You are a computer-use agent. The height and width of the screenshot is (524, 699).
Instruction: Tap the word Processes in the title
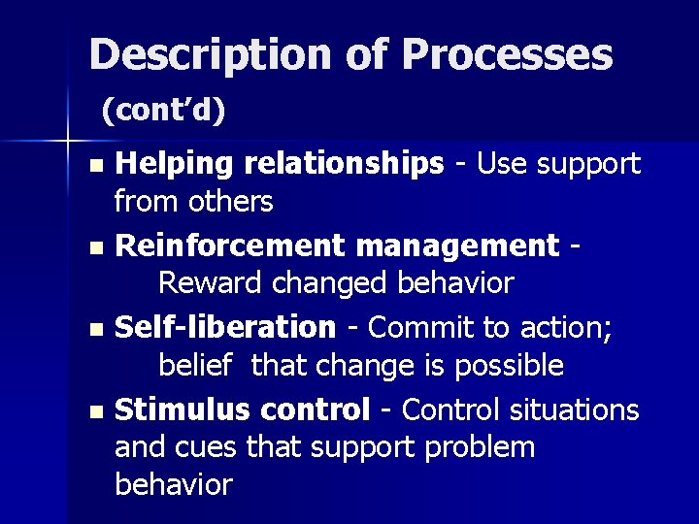pyautogui.click(x=508, y=55)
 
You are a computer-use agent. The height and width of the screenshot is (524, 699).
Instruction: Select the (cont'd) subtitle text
pyautogui.click(x=163, y=112)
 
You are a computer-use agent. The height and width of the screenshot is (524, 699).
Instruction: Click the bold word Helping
pyautogui.click(x=175, y=166)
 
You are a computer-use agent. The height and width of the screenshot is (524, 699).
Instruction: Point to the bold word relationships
pyautogui.click(x=344, y=166)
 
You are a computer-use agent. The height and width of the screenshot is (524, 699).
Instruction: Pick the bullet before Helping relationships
pyautogui.click(x=94, y=167)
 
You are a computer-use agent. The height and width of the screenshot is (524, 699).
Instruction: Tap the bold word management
pyautogui.click(x=457, y=246)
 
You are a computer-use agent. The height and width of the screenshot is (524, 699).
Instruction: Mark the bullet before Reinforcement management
pyautogui.click(x=94, y=248)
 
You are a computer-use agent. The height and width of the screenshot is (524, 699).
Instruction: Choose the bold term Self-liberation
pyautogui.click(x=224, y=327)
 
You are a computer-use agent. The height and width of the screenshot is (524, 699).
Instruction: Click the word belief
pyautogui.click(x=195, y=365)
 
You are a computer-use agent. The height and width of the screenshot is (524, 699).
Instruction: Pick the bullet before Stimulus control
pyautogui.click(x=94, y=412)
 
